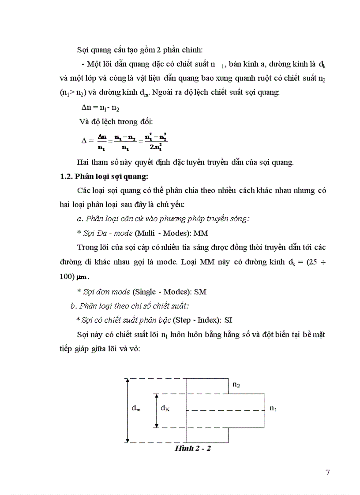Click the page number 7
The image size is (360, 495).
[327, 473]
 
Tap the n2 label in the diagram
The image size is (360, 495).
[236, 385]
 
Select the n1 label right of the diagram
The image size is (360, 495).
[273, 409]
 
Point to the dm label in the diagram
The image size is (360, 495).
[136, 408]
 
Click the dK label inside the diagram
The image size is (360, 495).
[165, 409]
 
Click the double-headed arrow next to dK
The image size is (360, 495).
[156, 410]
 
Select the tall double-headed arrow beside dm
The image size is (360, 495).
[127, 410]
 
